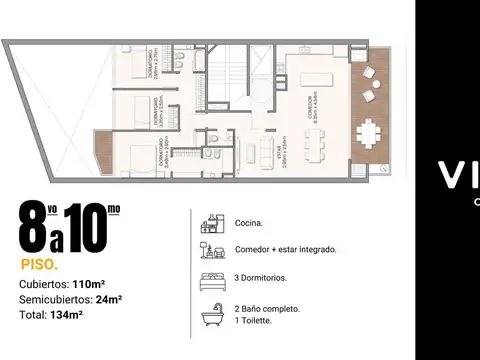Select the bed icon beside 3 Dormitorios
tap(210, 281)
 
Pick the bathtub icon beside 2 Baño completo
tap(210, 315)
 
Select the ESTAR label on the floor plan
tap(284, 155)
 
